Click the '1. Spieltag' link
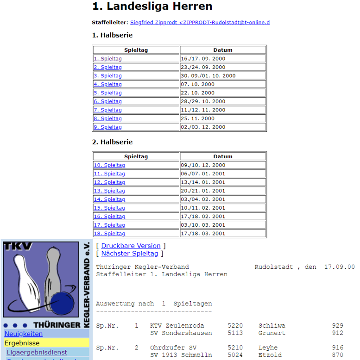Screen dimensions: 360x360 pyautogui.click(x=107, y=59)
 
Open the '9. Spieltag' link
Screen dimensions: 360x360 pyautogui.click(x=107, y=127)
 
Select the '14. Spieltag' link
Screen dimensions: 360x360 pyautogui.click(x=109, y=199)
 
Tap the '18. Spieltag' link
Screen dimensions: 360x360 pyautogui.click(x=109, y=234)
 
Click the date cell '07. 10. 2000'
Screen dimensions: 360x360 pyautogui.click(x=198, y=84)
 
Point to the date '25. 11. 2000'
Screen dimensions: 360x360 pyautogui.click(x=198, y=118)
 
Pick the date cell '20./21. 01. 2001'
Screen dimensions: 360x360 pyautogui.click(x=203, y=191)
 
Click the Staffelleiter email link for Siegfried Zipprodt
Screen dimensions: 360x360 pyautogui.click(x=200, y=22)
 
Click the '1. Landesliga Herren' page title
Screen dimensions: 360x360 pyautogui.click(x=152, y=6)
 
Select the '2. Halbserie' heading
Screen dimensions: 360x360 pyautogui.click(x=112, y=142)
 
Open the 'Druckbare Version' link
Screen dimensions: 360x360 pyautogui.click(x=131, y=246)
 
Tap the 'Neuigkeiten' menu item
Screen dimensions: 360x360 pyautogui.click(x=23, y=334)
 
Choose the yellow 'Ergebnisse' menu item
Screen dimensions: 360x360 pyautogui.click(x=22, y=343)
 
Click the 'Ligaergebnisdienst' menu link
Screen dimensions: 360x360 pyautogui.click(x=37, y=353)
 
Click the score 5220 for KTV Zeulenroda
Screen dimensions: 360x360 pyautogui.click(x=235, y=326)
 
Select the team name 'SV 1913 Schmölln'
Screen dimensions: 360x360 pyautogui.click(x=181, y=355)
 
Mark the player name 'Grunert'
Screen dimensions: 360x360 pyautogui.click(x=272, y=333)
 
